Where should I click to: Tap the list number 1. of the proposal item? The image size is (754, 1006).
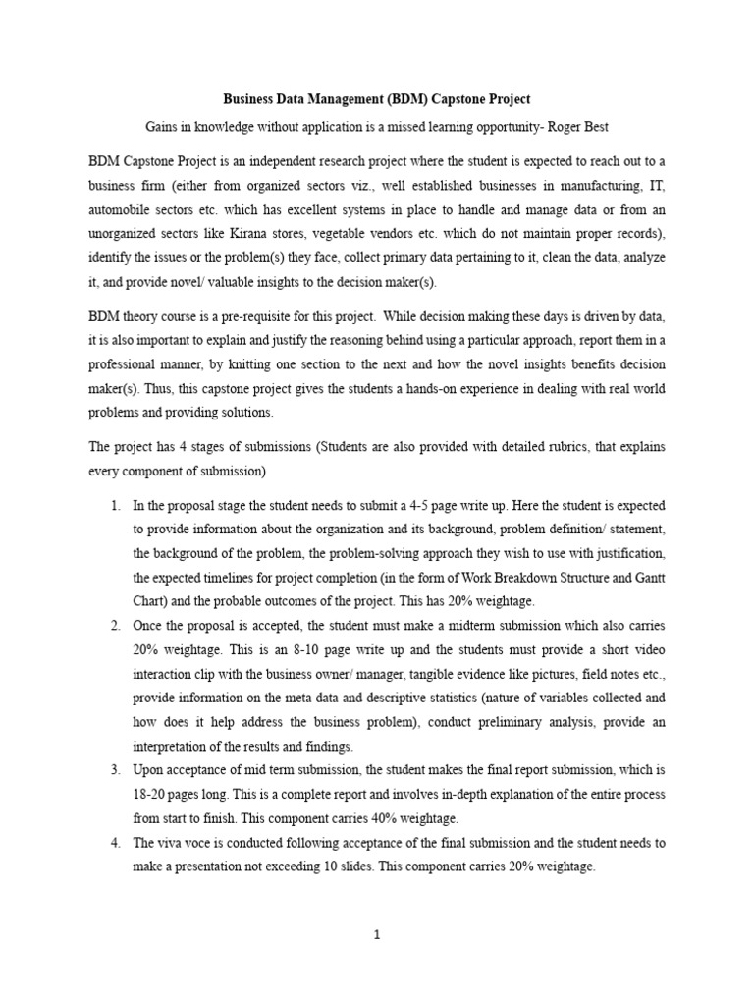pos(115,505)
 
